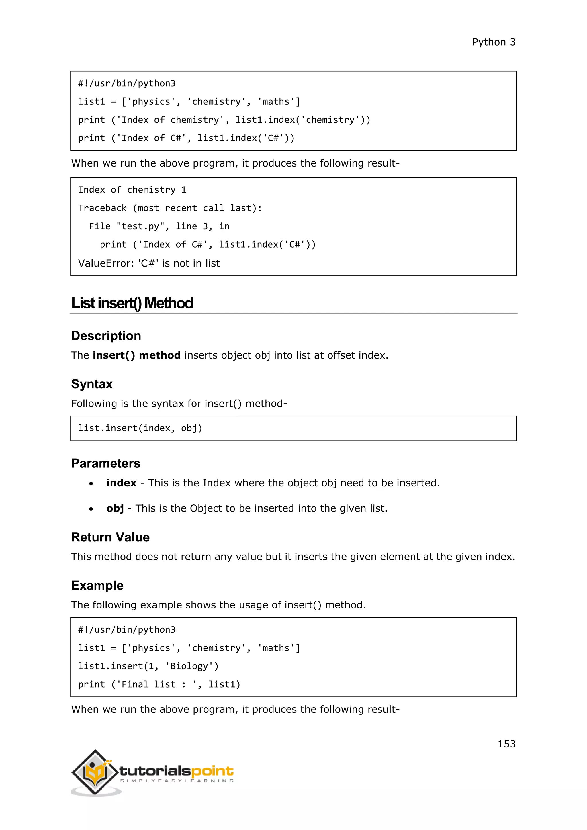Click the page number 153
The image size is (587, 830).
click(506, 744)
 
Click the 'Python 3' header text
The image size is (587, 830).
click(494, 42)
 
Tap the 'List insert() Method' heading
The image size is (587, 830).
click(132, 303)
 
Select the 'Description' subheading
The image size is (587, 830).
click(106, 336)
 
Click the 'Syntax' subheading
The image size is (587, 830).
click(92, 384)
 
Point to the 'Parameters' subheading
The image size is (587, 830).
click(105, 463)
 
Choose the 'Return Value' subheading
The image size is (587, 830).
click(110, 537)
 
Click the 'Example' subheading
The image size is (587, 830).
click(97, 585)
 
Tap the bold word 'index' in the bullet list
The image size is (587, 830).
click(122, 483)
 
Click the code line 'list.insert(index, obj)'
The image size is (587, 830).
click(140, 428)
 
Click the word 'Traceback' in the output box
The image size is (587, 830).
click(102, 208)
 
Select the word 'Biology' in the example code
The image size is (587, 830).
click(189, 666)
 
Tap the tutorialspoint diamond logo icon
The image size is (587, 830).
click(95, 772)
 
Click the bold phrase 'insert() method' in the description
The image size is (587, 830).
click(137, 355)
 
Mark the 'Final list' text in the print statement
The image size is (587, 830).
click(148, 685)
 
